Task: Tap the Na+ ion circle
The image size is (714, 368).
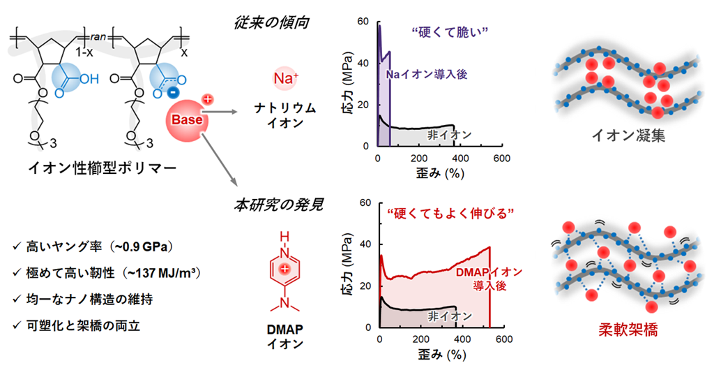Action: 286,78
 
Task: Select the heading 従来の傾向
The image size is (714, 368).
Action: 272,22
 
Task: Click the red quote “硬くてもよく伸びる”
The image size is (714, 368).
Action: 451,213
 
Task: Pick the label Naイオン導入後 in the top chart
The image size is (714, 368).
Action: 427,74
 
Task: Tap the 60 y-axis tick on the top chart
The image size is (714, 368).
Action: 363,22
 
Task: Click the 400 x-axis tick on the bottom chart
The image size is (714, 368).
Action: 463,339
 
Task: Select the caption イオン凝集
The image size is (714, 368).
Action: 628,135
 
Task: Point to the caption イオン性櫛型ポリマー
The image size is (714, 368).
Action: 102,168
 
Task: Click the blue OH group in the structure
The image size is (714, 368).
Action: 89,80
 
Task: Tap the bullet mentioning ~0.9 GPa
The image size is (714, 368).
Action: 93,246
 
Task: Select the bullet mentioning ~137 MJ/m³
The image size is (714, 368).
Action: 107,273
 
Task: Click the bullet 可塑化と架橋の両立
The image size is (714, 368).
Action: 77,325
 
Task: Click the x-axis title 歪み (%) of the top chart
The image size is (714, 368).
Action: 439,173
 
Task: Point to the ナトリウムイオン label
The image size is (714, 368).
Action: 285,115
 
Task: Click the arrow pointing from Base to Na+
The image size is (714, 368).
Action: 220,111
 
